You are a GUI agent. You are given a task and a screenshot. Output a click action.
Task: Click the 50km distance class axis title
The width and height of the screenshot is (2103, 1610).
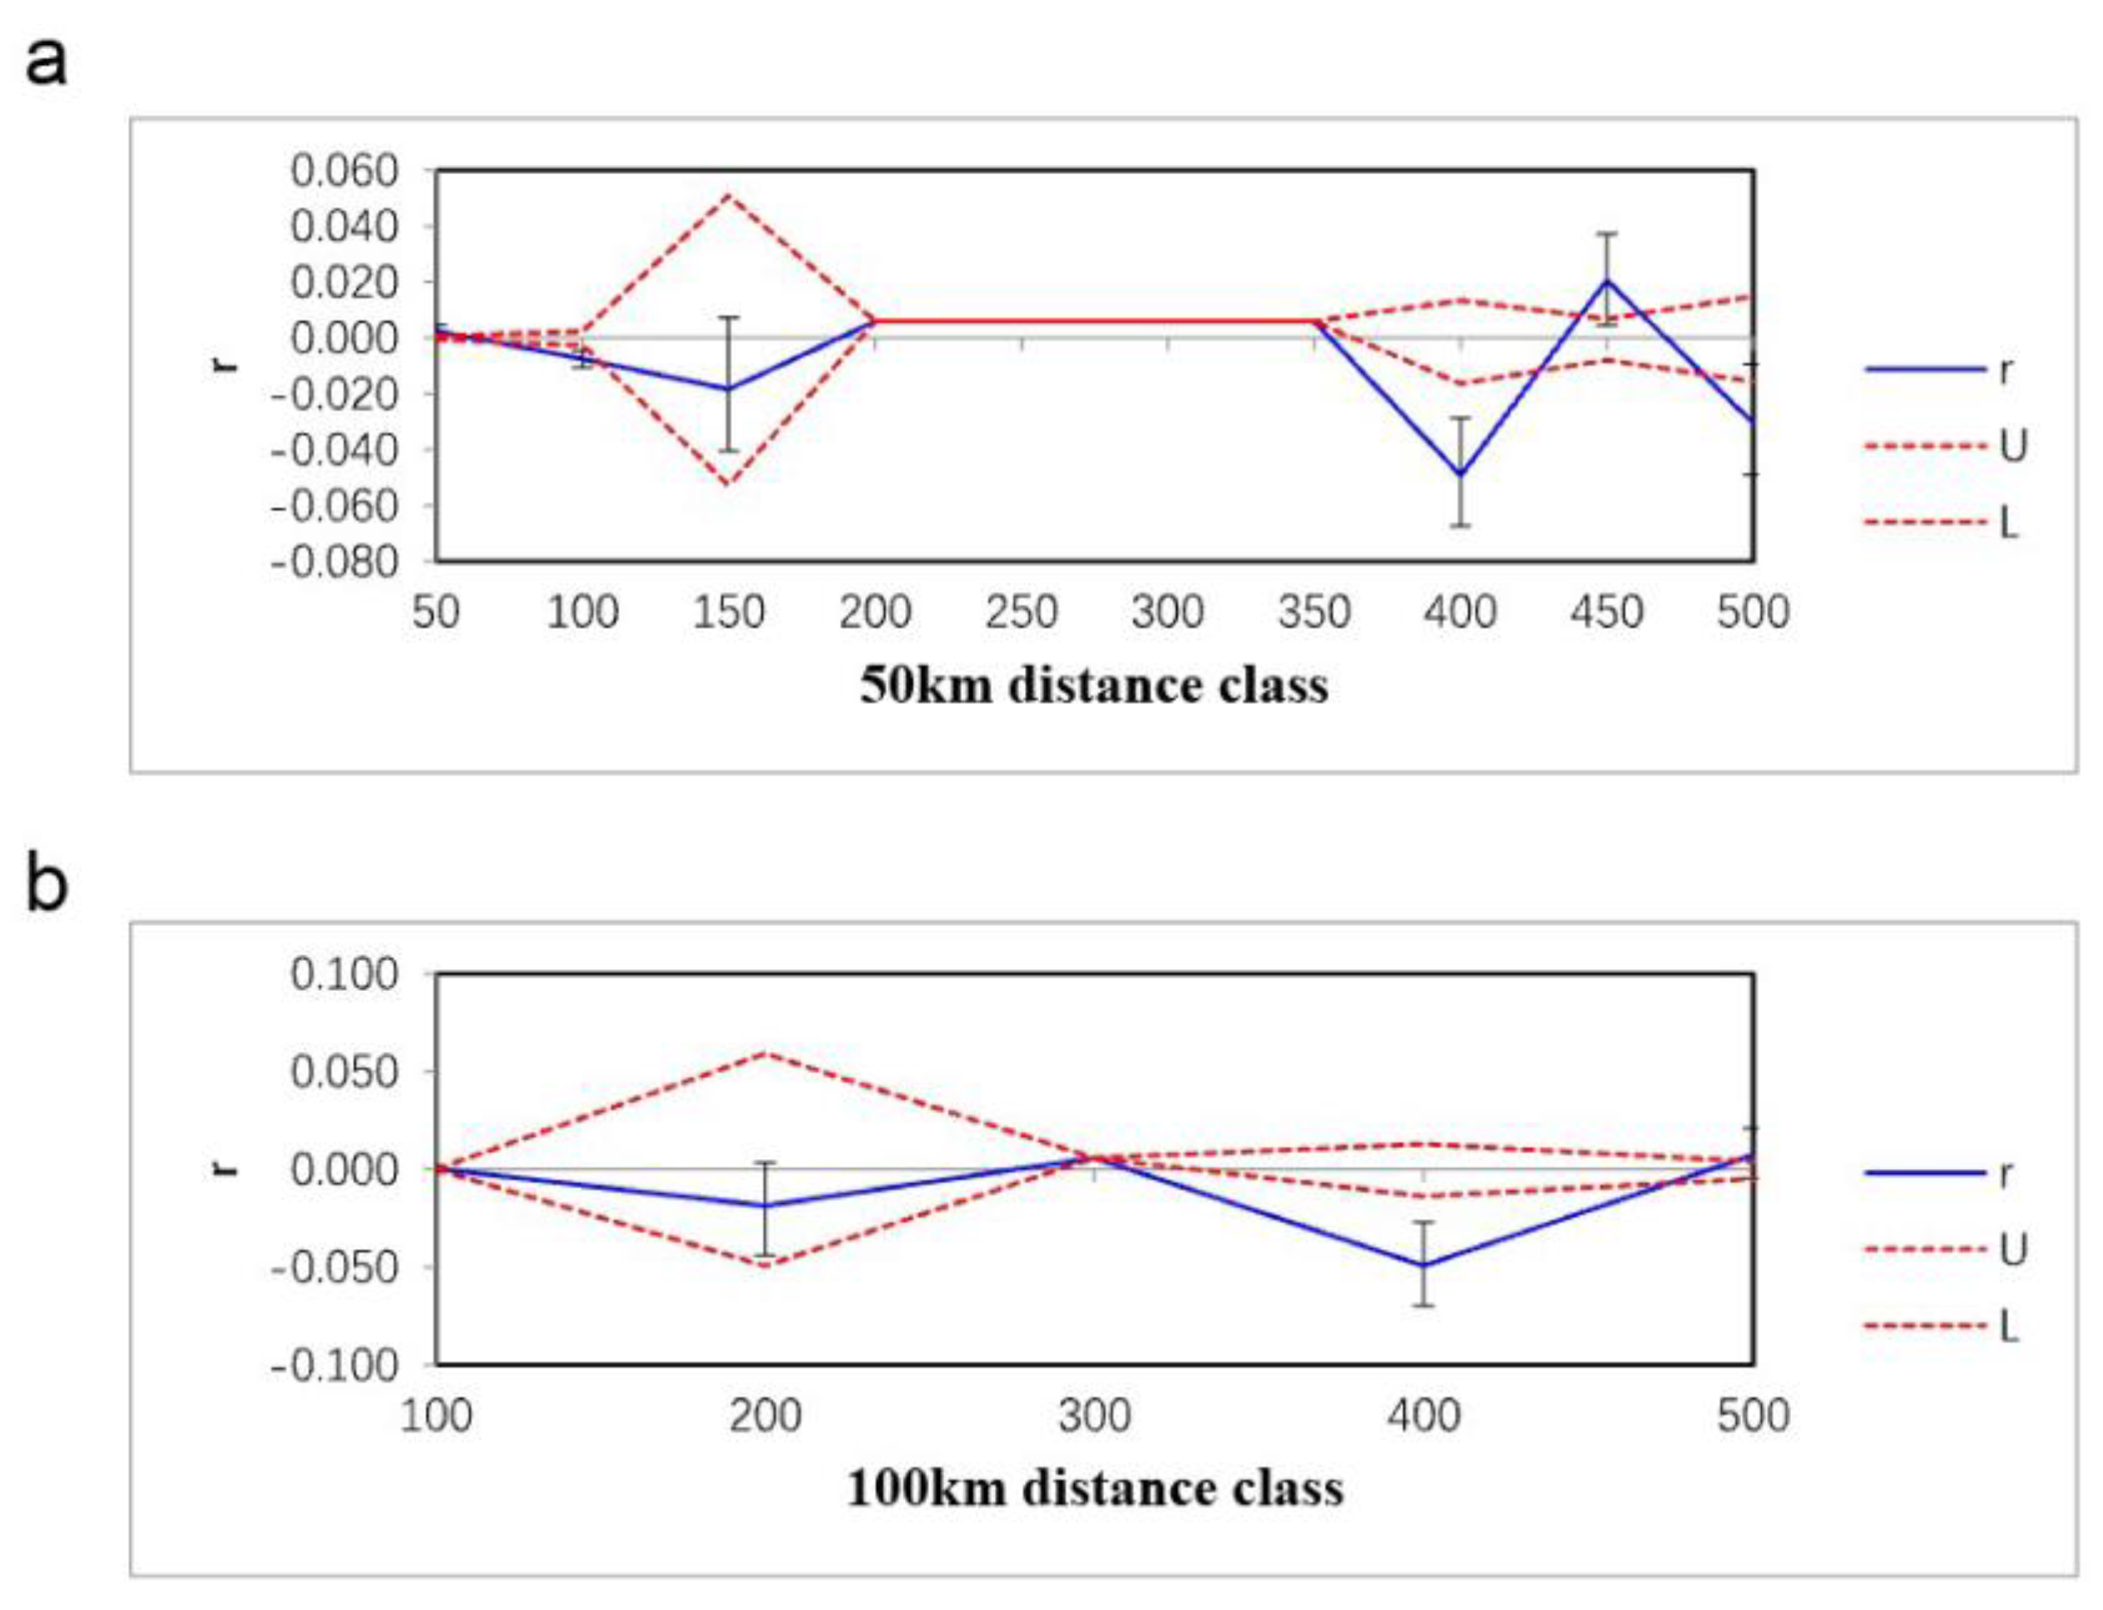click(x=1093, y=686)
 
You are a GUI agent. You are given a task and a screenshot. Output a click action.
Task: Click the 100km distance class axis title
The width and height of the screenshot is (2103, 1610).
click(x=1094, y=1489)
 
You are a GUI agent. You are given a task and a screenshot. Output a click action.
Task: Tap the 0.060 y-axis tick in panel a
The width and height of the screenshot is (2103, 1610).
click(x=343, y=171)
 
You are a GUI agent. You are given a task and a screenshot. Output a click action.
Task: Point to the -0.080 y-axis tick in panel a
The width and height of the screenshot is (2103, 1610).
click(x=334, y=562)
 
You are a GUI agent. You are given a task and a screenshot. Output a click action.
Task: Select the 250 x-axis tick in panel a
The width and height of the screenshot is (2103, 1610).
click(x=1021, y=612)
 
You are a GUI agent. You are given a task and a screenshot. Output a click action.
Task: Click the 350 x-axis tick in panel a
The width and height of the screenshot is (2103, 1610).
click(x=1314, y=612)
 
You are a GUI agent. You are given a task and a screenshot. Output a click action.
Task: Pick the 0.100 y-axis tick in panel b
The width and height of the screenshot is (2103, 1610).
click(x=343, y=974)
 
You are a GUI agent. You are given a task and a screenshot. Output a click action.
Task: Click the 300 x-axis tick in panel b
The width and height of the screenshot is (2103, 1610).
click(x=1094, y=1414)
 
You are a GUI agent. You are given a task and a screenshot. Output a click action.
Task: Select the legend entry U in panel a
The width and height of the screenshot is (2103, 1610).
click(x=2012, y=447)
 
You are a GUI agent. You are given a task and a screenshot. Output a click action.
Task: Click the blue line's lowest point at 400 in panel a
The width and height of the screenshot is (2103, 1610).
click(x=1460, y=474)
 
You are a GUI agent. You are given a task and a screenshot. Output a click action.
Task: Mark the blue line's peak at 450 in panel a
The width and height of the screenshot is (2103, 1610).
click(x=1606, y=280)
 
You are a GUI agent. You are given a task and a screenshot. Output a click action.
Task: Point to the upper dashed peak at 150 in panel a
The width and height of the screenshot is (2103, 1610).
click(x=728, y=196)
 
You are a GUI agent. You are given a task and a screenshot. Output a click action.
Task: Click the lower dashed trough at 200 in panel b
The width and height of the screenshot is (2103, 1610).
click(x=765, y=1267)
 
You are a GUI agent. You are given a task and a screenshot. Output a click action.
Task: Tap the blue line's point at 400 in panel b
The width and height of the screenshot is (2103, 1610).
click(x=1423, y=1265)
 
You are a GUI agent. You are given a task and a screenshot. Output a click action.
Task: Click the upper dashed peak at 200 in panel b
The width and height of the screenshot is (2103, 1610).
click(x=765, y=1053)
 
